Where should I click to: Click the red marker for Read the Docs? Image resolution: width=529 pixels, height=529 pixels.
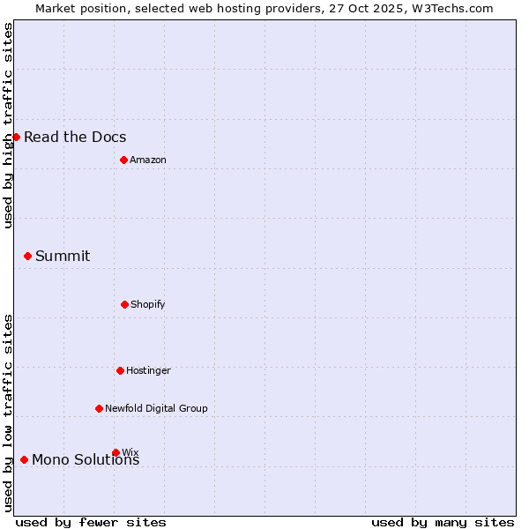coord(16,137)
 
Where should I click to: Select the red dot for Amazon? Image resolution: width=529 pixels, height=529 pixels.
coord(123,160)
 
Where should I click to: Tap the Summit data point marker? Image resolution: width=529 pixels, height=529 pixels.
coord(27,256)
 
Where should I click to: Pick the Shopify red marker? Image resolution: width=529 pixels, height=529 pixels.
coord(124,304)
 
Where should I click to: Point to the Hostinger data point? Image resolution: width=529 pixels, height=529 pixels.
coord(120,370)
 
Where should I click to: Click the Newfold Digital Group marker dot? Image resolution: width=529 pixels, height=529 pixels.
coord(99,408)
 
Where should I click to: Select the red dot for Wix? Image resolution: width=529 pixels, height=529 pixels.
coord(115,452)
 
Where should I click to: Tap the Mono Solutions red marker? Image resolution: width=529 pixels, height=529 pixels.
coord(24,459)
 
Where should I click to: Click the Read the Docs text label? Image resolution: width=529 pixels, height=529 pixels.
coord(75,137)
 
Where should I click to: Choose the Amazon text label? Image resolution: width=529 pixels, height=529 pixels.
coord(148,160)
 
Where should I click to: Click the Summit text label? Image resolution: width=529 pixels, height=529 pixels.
coord(63,256)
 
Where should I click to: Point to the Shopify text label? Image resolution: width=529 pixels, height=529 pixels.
coord(148,304)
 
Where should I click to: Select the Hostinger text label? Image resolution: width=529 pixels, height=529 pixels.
coord(148,370)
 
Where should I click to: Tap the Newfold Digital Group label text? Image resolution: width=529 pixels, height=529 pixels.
coord(156,408)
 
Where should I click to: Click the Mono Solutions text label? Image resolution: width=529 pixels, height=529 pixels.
coord(86,460)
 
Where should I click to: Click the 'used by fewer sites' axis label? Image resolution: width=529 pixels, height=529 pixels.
coord(91,522)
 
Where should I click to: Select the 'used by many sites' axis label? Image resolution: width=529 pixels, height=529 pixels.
coord(443,522)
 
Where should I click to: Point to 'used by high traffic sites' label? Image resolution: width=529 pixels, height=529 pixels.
coord(8,125)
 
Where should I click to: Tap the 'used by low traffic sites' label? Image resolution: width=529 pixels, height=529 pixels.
coord(8,413)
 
